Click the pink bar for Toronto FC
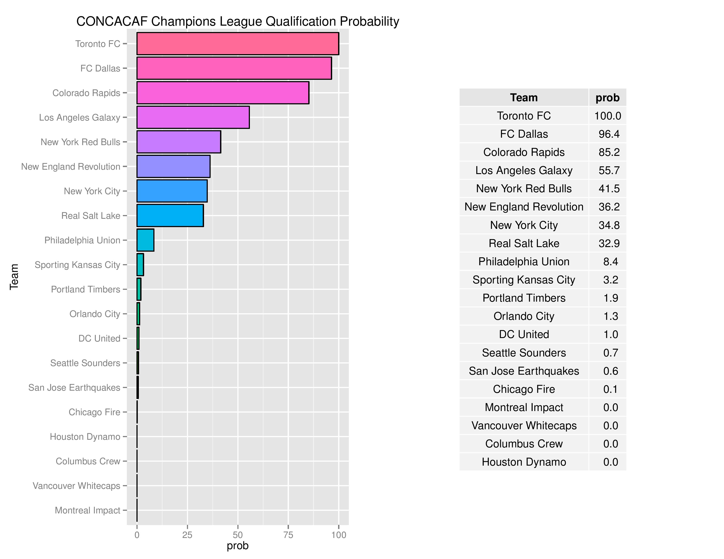tap(237, 44)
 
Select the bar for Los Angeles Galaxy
tap(193, 117)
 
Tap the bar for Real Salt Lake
tap(170, 215)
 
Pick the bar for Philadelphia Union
tap(145, 240)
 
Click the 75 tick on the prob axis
tap(288, 535)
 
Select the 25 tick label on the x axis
tap(187, 535)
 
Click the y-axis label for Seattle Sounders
tap(85, 363)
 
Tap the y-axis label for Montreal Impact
tap(88, 510)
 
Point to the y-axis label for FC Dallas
tap(100, 69)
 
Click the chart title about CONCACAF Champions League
tap(237, 21)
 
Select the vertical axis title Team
tap(14, 277)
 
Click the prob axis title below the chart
tap(237, 546)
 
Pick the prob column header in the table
tap(607, 98)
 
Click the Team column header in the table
tap(524, 98)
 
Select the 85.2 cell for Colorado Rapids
tap(609, 152)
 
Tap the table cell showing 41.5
tap(609, 189)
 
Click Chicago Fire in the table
tap(524, 389)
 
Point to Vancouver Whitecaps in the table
tap(524, 425)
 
